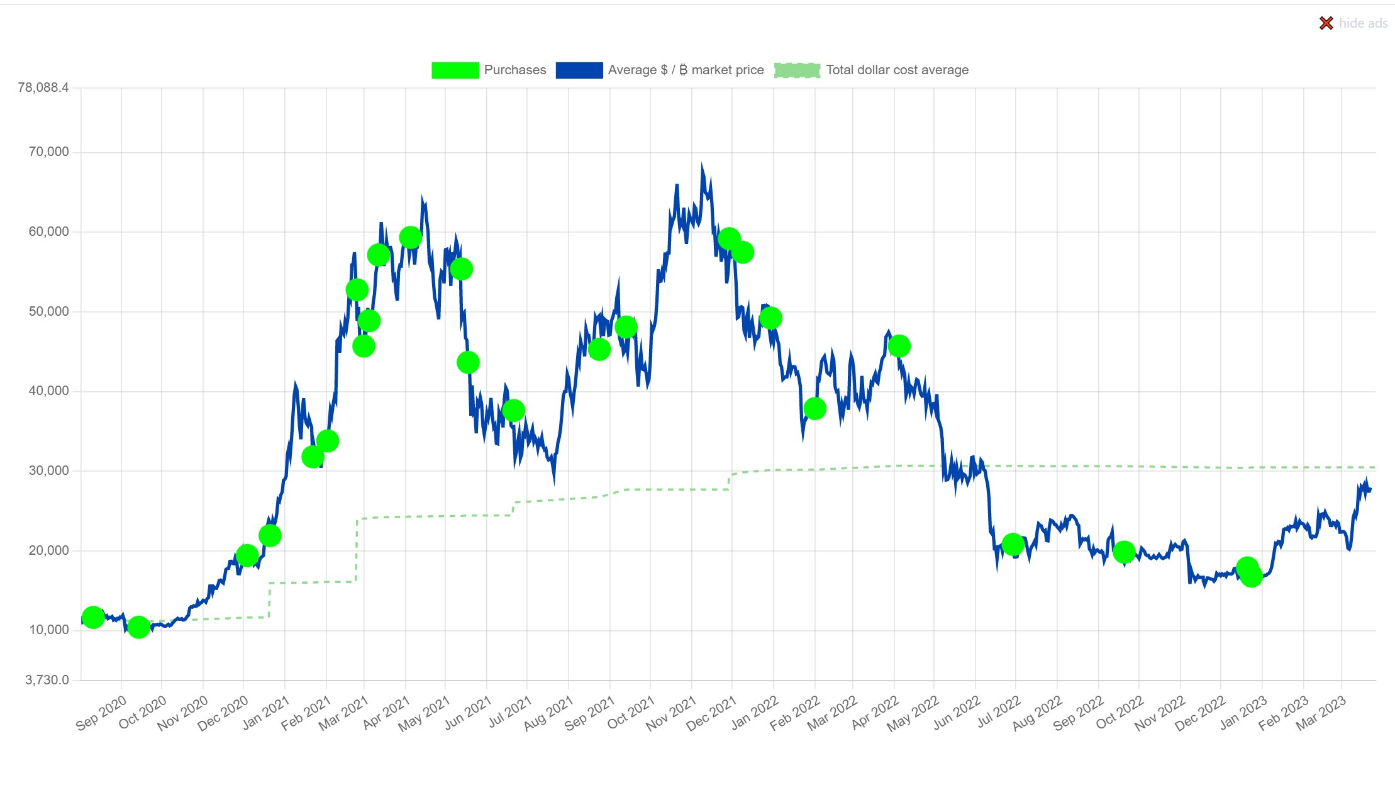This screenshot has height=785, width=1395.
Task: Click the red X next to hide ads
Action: coord(1326,23)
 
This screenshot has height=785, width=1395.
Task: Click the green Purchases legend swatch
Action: coord(455,70)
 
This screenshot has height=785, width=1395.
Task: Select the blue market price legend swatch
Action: coord(579,70)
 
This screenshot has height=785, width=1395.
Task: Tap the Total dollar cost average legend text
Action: coord(897,70)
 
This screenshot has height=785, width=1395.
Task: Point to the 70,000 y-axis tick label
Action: coord(48,152)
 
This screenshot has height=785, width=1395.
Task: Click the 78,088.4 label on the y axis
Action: coord(43,87)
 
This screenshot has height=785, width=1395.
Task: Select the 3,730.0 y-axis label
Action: coord(47,680)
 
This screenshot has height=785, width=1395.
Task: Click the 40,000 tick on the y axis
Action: coord(48,391)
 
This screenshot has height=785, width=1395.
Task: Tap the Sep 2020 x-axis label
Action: coord(101,713)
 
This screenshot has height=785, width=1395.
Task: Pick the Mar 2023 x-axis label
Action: coord(1321,713)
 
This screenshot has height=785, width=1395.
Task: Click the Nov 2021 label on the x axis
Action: coord(671,713)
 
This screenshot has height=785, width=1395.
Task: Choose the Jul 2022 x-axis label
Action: coord(998,713)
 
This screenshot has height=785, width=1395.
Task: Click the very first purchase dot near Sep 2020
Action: coord(93,618)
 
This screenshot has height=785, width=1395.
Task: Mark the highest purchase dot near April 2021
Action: coord(410,237)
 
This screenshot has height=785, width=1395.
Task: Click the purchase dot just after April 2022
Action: coord(899,346)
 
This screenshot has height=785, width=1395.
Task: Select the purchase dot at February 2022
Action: coord(814,409)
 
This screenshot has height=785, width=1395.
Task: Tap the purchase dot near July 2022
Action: coord(1013,544)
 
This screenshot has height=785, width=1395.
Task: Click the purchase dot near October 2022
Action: coord(1124,552)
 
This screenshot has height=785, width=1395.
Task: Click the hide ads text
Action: coord(1363,23)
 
